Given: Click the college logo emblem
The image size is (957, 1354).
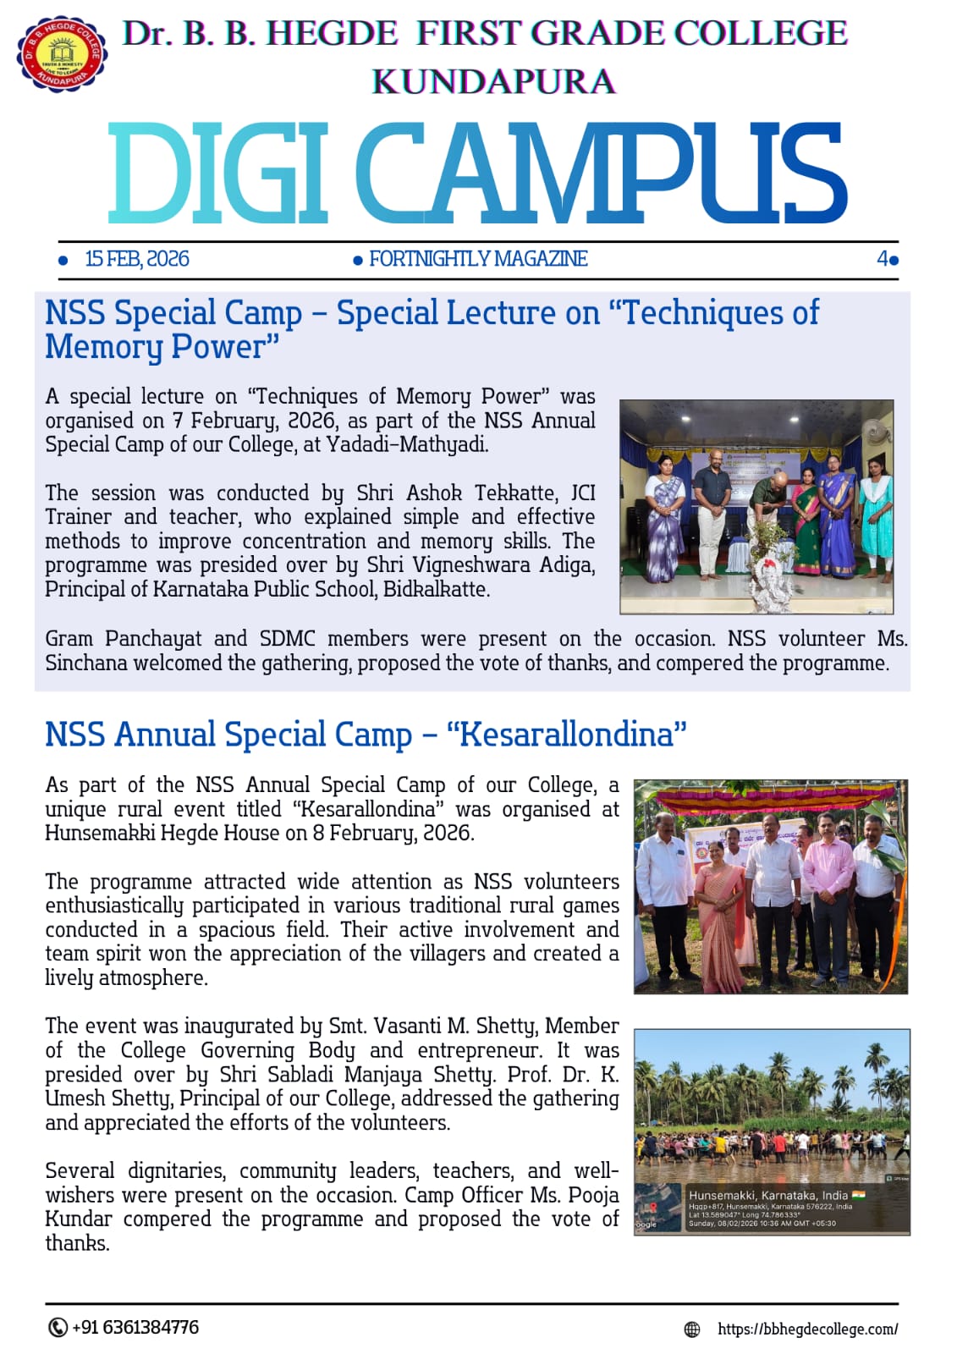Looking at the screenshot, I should click(x=61, y=53).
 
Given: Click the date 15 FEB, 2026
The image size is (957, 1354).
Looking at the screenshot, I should click(x=136, y=259).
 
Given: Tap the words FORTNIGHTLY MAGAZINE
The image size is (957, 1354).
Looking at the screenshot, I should click(x=478, y=259).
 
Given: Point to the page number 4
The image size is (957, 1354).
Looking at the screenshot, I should click(x=883, y=259).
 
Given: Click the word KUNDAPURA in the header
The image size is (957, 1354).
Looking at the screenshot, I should click(x=493, y=82).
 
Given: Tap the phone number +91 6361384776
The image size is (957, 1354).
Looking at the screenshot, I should click(x=135, y=1327).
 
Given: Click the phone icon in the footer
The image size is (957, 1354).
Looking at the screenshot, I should click(x=58, y=1327).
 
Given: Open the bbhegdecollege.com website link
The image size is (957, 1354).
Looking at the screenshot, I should click(x=807, y=1329).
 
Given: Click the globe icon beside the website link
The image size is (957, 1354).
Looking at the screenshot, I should click(x=692, y=1329).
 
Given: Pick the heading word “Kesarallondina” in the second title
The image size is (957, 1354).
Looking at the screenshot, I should click(x=566, y=734).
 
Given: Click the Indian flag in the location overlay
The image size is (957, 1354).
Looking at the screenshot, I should click(x=859, y=1195).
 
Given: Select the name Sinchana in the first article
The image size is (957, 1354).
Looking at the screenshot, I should click(x=83, y=663).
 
